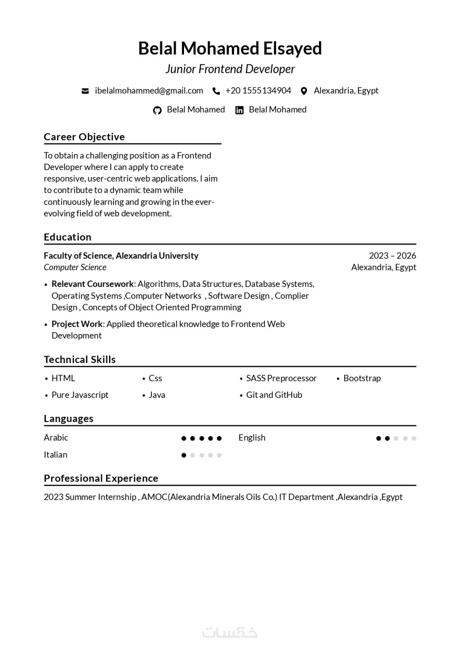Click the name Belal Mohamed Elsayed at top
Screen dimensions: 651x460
pos(230,48)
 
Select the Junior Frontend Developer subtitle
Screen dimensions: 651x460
pos(230,69)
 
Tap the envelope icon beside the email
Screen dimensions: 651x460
pos(85,91)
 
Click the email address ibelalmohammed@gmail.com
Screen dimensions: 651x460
pos(149,91)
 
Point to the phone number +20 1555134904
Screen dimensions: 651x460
pos(258,91)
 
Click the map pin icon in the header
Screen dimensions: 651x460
pos(304,91)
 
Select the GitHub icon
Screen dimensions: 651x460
pos(157,110)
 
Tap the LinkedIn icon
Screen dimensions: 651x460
pos(239,110)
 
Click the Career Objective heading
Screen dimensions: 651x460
pos(84,137)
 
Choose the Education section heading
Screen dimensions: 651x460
pos(68,237)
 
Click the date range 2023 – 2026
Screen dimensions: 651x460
pos(392,256)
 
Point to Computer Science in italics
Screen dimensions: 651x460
pos(75,267)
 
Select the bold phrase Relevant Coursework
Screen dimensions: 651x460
pos(92,284)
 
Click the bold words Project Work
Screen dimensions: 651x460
pos(77,324)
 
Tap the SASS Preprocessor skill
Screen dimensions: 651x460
pos(281,378)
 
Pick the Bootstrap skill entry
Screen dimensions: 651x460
pos(362,378)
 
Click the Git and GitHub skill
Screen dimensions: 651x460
pos(274,395)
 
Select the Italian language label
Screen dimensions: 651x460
pos(56,455)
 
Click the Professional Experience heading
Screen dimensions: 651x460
pos(101,478)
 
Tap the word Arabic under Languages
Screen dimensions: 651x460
pos(56,438)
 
